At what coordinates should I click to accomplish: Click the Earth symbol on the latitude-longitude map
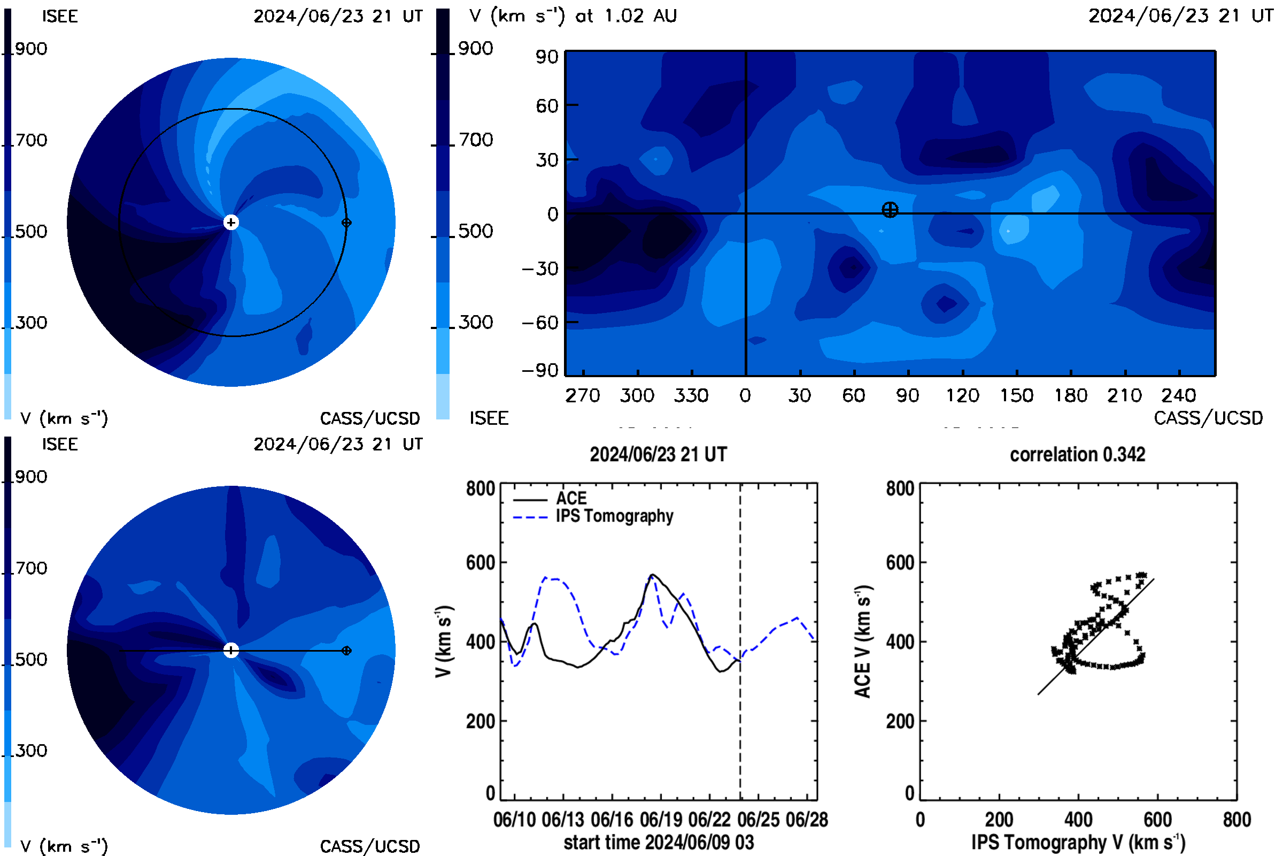890,210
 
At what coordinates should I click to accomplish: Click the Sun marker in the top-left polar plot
231,222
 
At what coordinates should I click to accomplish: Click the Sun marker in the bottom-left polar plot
231,650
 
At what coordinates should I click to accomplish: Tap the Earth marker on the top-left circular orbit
346,222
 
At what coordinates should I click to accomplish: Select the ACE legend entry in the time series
550,498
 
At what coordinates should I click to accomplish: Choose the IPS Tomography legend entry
593,516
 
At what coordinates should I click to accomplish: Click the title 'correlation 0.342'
1077,454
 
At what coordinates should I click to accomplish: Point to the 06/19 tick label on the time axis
661,820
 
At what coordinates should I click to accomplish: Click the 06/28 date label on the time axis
807,820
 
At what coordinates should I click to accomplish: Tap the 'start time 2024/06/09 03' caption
659,842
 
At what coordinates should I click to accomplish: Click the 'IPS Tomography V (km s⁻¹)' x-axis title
1078,842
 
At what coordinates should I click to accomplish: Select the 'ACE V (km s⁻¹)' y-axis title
863,641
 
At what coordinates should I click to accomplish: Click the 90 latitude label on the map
546,57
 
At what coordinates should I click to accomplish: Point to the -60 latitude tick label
540,323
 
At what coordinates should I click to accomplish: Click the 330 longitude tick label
691,395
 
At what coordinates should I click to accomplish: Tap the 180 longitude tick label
1071,395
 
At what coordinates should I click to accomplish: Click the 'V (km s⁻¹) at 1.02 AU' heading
573,16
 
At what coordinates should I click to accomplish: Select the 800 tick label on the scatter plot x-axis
1236,820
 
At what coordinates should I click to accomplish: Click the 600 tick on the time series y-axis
481,562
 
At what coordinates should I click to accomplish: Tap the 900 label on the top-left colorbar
31,49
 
